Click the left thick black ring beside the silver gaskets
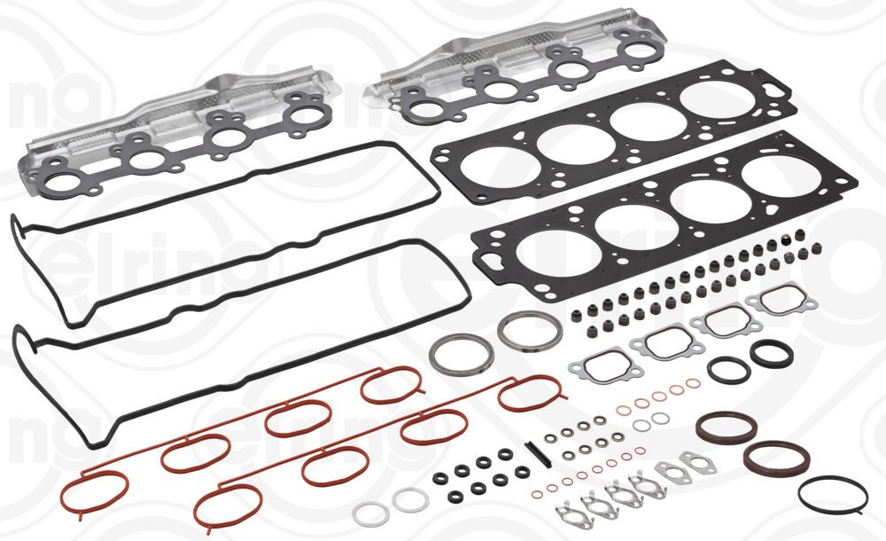727,367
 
